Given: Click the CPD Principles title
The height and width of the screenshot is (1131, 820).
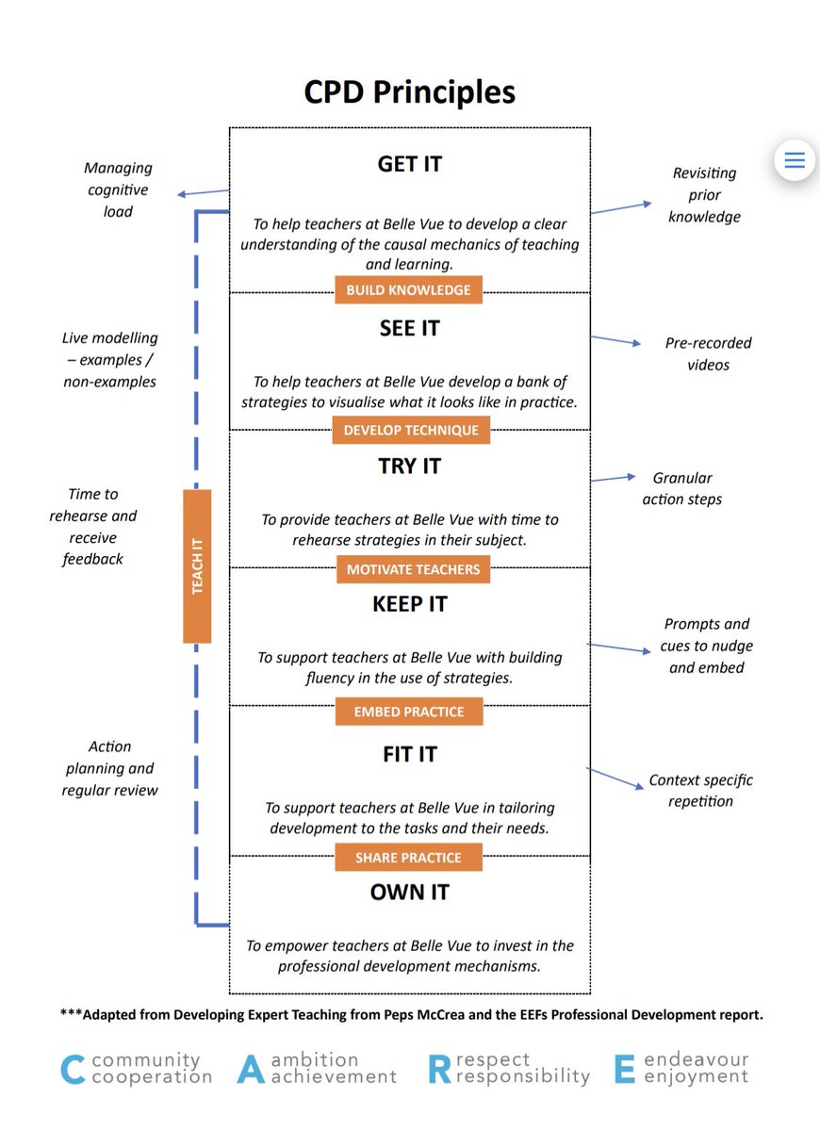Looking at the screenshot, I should (x=409, y=92).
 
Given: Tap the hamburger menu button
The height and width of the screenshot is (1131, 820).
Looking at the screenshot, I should (x=795, y=160).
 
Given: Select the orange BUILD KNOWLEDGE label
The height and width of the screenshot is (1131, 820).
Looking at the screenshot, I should (x=408, y=290).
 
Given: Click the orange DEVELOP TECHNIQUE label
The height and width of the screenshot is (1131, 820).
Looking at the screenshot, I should (x=410, y=431).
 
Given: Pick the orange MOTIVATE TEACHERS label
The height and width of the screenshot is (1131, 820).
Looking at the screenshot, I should (x=413, y=569).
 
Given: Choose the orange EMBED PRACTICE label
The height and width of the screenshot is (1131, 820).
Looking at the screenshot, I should (x=408, y=712).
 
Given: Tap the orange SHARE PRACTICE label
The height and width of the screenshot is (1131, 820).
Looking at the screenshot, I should (x=408, y=858).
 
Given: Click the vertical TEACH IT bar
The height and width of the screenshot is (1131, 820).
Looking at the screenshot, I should (x=197, y=566).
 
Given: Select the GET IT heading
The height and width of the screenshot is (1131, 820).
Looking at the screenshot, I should (x=409, y=164).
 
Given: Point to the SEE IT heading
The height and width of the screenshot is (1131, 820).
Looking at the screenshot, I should (x=409, y=329).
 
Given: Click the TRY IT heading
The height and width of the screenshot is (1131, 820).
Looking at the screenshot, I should (x=409, y=467).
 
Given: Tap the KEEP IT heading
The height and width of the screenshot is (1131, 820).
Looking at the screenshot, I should (x=409, y=604).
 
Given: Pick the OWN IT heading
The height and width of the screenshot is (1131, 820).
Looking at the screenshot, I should (x=409, y=892).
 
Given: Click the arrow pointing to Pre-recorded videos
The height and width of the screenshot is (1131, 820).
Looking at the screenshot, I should (x=615, y=341).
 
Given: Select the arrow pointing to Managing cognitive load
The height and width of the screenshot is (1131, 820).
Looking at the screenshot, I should (x=204, y=193).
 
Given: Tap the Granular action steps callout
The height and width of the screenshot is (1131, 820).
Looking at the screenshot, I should (x=681, y=489).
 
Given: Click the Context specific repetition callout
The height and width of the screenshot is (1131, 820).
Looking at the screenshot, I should (x=700, y=791).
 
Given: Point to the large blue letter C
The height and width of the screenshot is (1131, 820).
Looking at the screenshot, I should (x=74, y=1070).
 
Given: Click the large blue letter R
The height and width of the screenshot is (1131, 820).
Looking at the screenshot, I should (x=439, y=1070).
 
